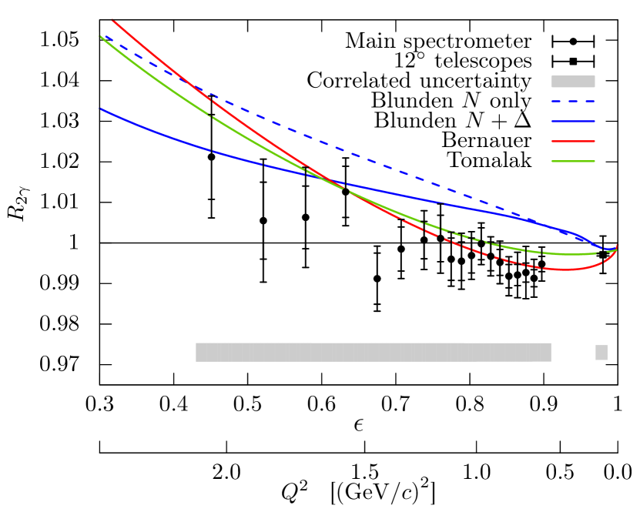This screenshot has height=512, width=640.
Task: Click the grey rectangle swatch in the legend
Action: tap(573, 82)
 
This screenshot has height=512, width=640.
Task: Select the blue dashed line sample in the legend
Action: tap(573, 101)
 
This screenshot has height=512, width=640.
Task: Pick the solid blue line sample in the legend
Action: tap(573, 121)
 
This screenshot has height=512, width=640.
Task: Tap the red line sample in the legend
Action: tap(573, 141)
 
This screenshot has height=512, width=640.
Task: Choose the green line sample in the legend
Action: tap(573, 161)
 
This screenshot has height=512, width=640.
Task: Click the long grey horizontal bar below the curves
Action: tap(374, 352)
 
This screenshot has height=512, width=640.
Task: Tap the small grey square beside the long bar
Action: tap(601, 352)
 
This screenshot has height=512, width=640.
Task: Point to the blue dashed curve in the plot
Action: tap(385, 166)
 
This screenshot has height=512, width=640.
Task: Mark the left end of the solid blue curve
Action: tap(101, 109)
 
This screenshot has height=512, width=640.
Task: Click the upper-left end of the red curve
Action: tap(112, 19)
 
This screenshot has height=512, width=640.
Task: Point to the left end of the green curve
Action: tap(101, 36)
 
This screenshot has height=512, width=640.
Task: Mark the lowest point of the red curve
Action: tap(565, 269)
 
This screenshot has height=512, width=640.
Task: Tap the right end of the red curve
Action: tap(618, 245)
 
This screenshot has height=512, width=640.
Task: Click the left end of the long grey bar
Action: tap(197, 352)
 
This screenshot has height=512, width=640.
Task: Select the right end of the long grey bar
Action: tap(550, 352)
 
